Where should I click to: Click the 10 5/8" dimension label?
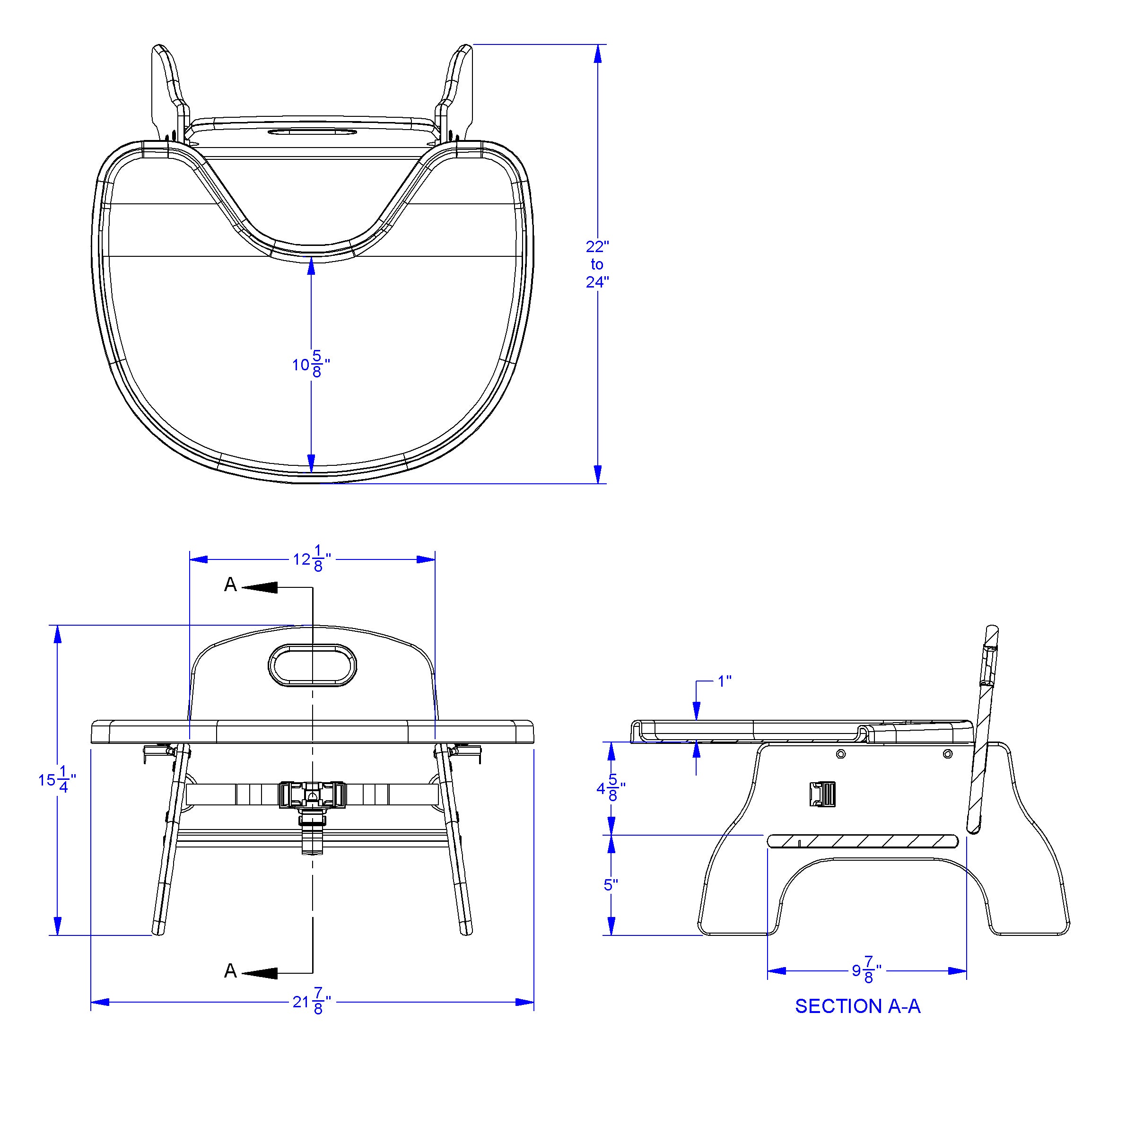311,364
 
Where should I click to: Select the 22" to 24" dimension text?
597,264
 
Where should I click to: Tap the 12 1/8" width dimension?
312,559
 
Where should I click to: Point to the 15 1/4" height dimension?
57,780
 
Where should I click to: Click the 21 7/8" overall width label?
312,1002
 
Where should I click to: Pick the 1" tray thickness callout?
725,681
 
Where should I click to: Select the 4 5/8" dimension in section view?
611,788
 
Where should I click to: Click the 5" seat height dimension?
611,885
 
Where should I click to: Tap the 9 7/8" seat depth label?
866,970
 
